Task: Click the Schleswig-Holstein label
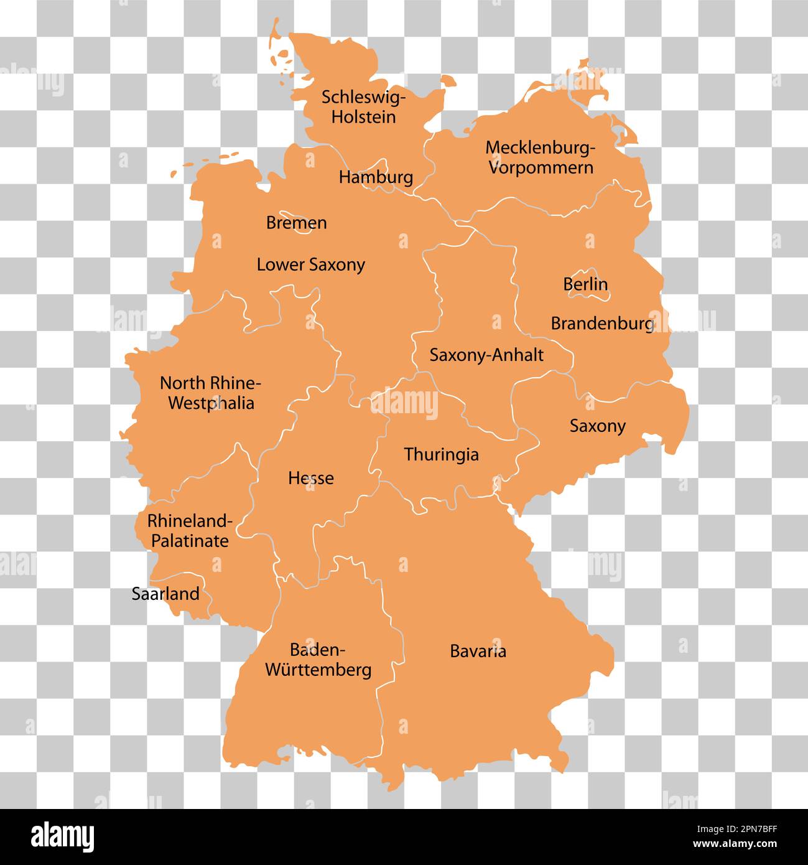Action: coord(363,106)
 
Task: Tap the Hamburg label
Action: coord(376,177)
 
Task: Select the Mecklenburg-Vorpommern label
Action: coord(541,157)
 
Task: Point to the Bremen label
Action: coord(296,223)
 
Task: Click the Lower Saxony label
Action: coord(310,264)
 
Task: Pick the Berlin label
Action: coord(585,284)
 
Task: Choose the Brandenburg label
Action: coord(602,324)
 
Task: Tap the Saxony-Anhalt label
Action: coord(486,355)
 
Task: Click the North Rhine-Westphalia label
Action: coord(211,393)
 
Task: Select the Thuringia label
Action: coord(441,454)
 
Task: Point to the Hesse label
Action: coord(310,478)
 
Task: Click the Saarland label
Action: coord(165,594)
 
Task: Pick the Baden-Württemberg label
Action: coord(318,660)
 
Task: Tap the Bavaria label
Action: coord(478,652)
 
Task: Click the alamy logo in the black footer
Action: coord(62,836)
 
